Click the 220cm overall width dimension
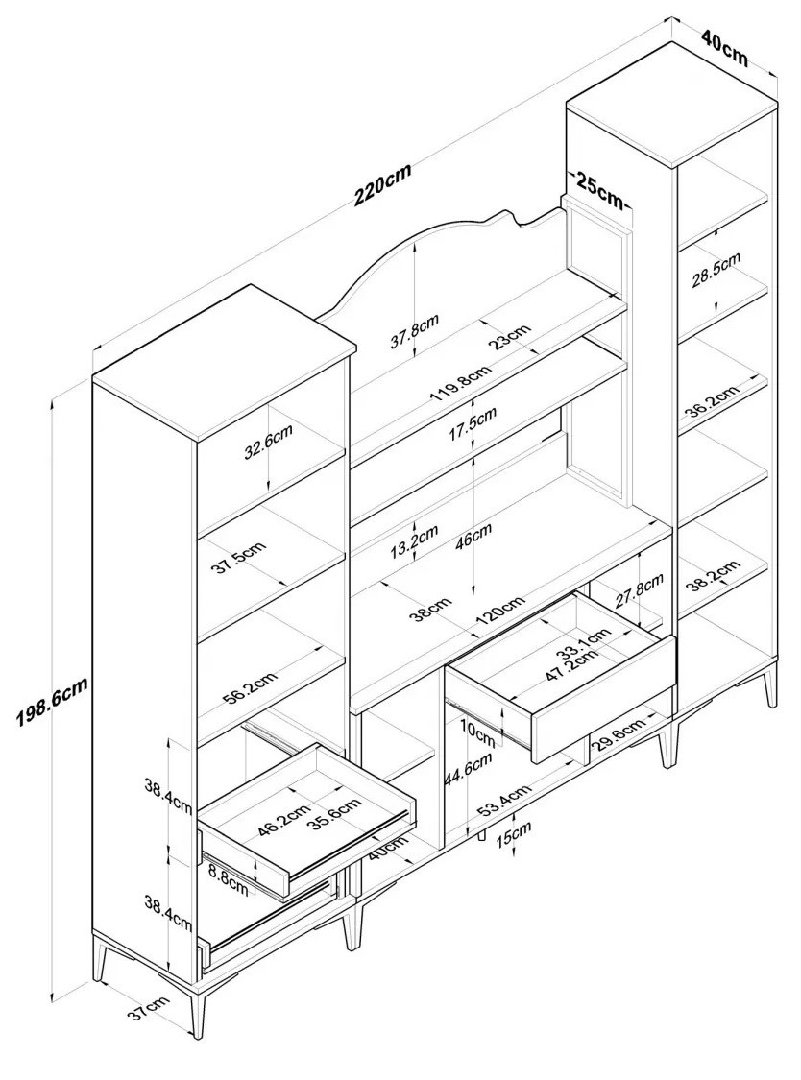[x=382, y=184]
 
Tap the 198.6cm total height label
[x=53, y=701]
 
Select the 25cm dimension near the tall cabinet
[x=599, y=190]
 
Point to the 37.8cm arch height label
[x=415, y=332]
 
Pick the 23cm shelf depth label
[x=512, y=337]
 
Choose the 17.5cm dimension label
[x=473, y=424]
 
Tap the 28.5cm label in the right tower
[x=716, y=269]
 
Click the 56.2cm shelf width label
[x=250, y=686]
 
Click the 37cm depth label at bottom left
[x=148, y=1011]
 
